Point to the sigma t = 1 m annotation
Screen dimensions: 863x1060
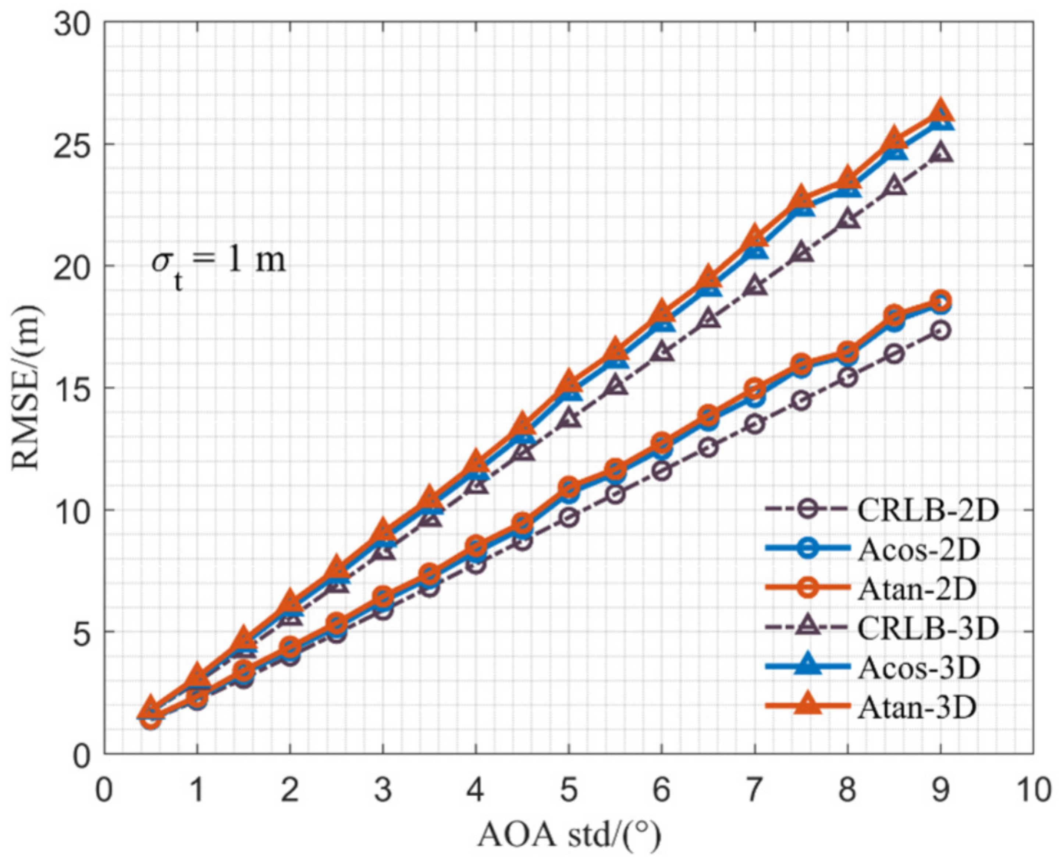pyautogui.click(x=218, y=264)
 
